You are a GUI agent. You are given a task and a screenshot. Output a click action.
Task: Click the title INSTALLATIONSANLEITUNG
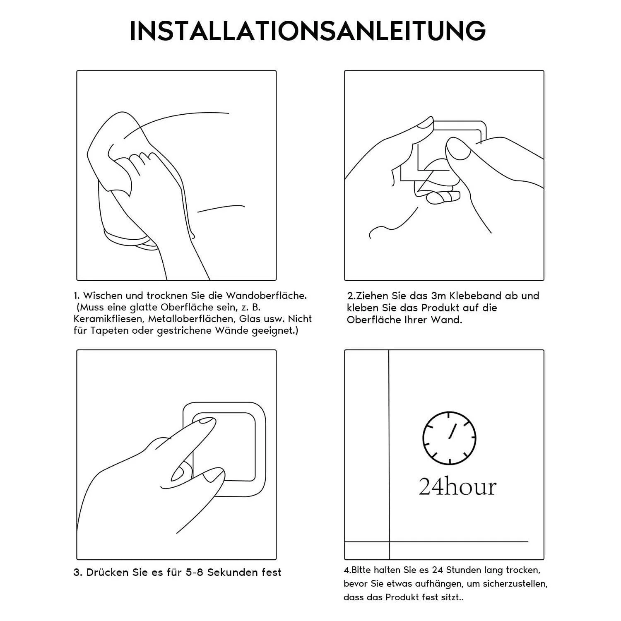pos(308,30)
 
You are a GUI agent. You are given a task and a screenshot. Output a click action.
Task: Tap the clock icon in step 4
pos(449,438)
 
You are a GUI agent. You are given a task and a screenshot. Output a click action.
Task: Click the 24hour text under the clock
pos(457,487)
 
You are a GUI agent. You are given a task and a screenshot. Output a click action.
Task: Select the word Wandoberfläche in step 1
pos(266,296)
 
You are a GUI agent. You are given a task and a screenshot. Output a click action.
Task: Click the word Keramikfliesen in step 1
pos(109,319)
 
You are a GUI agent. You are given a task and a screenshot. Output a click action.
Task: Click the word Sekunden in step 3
pos(232,573)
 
